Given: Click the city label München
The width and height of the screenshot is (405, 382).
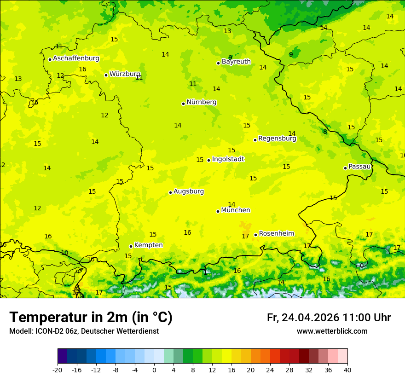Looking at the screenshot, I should pyautogui.click(x=235, y=210).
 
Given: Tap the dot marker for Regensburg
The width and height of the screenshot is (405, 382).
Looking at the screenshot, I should pyautogui.click(x=255, y=140).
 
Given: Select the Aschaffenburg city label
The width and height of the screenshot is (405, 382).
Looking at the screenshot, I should pyautogui.click(x=76, y=58).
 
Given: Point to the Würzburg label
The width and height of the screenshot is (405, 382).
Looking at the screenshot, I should pyautogui.click(x=125, y=74).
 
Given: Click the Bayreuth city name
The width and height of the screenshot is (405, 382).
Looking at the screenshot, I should pyautogui.click(x=236, y=62).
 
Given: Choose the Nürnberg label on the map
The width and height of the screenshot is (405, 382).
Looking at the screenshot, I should pyautogui.click(x=201, y=102).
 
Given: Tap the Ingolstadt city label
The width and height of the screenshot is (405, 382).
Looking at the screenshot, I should pyautogui.click(x=228, y=159).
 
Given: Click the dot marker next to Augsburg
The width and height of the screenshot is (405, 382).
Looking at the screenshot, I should pyautogui.click(x=170, y=192).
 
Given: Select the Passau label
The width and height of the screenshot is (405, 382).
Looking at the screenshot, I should pyautogui.click(x=359, y=167).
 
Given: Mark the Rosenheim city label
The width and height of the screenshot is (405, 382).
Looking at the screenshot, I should pyautogui.click(x=276, y=234).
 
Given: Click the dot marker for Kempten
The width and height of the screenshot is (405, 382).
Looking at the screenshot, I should pyautogui.click(x=131, y=246).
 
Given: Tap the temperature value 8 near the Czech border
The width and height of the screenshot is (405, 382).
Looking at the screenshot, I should pyautogui.click(x=325, y=132).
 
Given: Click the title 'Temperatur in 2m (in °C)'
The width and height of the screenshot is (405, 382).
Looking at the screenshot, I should pyautogui.click(x=91, y=318).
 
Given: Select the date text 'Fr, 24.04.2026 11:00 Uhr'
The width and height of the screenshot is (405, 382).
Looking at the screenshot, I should pyautogui.click(x=329, y=318).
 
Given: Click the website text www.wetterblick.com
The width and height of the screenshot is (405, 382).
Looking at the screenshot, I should pyautogui.click(x=332, y=331).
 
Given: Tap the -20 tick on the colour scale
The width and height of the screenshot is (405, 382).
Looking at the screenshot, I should pyautogui.click(x=58, y=370).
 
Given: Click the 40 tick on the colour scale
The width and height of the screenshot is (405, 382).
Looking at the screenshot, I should pyautogui.click(x=347, y=370).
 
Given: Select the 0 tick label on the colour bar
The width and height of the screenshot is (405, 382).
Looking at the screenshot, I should pyautogui.click(x=154, y=370).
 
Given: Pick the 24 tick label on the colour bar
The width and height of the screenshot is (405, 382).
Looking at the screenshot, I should pyautogui.click(x=270, y=370).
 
